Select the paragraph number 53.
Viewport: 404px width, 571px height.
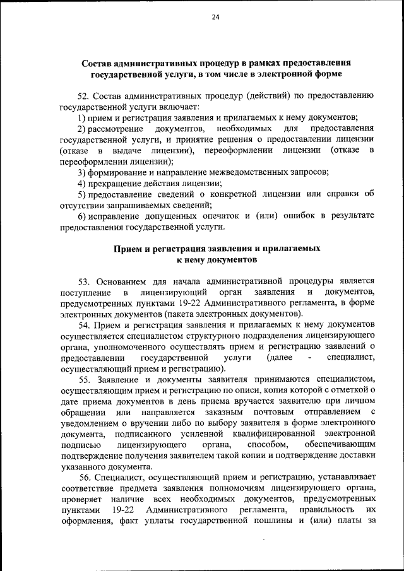coord(85,281)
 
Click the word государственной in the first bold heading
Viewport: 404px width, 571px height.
coord(126,74)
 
